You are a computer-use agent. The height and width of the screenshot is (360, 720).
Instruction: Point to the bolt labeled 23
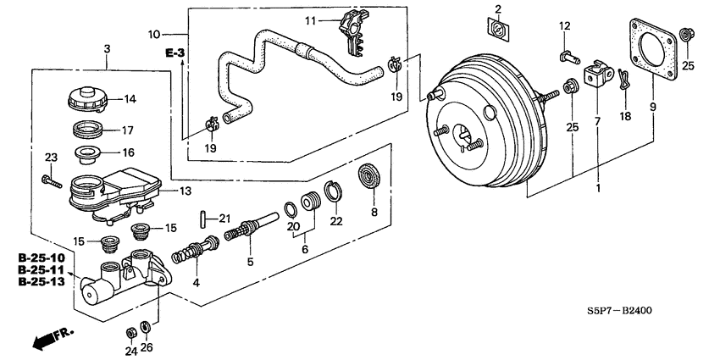[50, 180]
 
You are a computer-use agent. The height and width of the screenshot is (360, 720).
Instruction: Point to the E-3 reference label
[174, 53]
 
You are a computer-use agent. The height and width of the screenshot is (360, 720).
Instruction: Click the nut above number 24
[130, 330]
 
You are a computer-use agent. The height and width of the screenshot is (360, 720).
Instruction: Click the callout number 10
[154, 35]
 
